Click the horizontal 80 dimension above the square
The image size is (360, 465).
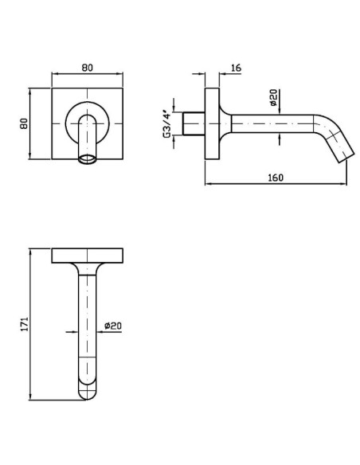pos(87,68)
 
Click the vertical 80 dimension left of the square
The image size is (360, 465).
pos(24,123)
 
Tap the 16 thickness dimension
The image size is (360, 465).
pos(236,68)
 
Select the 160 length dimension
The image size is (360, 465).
pos(276,178)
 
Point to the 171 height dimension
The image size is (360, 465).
pos(25,324)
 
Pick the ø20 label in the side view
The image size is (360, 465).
pos(273,97)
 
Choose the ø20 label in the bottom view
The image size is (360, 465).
pos(113,326)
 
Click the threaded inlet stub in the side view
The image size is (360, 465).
pos(194,123)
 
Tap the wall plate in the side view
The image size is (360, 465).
pos(212,123)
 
